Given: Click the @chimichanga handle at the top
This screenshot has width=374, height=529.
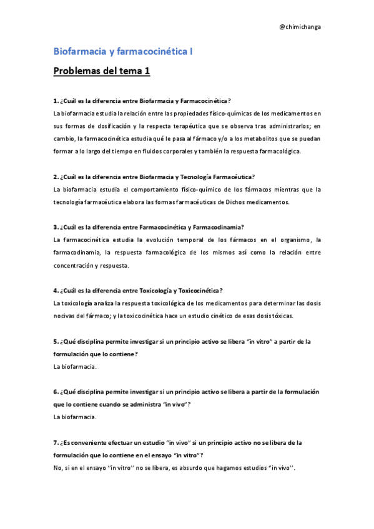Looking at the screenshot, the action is coord(301,27).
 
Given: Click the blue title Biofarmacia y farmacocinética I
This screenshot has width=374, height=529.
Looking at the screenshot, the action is coord(123,52).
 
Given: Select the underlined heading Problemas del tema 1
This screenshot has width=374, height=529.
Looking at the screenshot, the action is coord(102,71).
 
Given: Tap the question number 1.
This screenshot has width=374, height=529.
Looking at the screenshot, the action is coord(56,100).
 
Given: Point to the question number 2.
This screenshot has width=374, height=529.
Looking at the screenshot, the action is coord(56,177).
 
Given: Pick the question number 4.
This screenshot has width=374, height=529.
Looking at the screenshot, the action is coord(56,290).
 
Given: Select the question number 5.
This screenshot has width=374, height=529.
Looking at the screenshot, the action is coord(56,341).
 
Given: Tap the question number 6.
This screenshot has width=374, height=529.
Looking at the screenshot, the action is coord(56,392).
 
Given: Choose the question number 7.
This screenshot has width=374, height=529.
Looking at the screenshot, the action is coord(56,442).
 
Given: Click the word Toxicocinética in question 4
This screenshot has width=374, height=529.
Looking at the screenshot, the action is coord(199,290).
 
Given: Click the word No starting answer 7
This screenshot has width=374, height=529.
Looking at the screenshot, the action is coord(58,467).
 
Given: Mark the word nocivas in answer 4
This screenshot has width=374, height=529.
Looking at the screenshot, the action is coord(64,315).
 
